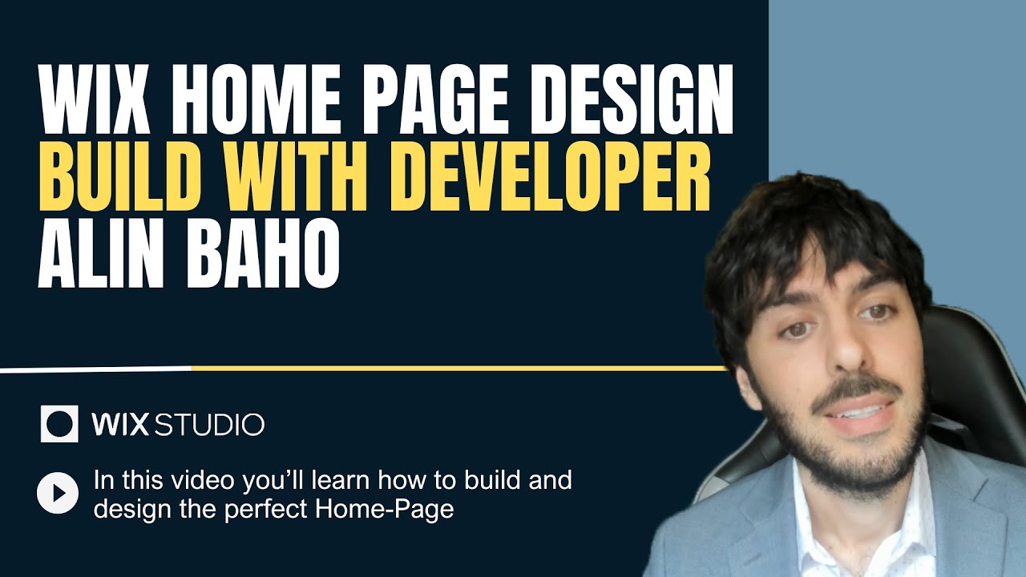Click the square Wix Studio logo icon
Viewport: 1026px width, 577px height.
59,423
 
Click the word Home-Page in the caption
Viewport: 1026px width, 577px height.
398,509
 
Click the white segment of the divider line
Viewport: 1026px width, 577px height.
96,369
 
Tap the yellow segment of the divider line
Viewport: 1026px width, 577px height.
457,368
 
